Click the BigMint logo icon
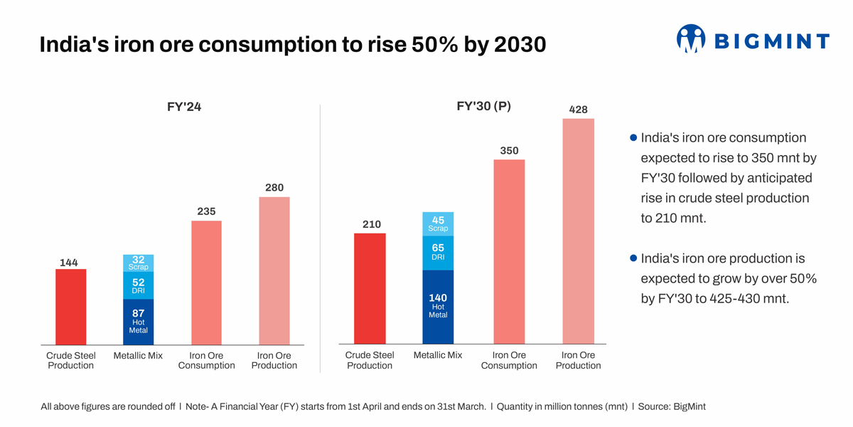point(690,39)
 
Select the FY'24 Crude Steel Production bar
point(70,307)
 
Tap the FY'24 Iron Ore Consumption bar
point(206,283)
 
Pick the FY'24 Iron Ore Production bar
point(274,270)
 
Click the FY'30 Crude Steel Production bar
point(370,289)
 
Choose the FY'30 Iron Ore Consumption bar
point(509,252)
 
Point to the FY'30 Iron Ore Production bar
point(578,231)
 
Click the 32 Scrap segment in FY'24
point(139,263)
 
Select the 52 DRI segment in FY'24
point(139,285)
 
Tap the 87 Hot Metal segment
point(139,322)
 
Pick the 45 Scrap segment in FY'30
point(438,223)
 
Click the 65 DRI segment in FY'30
point(438,253)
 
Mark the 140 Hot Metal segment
point(438,307)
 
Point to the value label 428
point(578,110)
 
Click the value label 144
point(69,263)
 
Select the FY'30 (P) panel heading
point(483,106)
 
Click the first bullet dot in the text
point(633,137)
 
